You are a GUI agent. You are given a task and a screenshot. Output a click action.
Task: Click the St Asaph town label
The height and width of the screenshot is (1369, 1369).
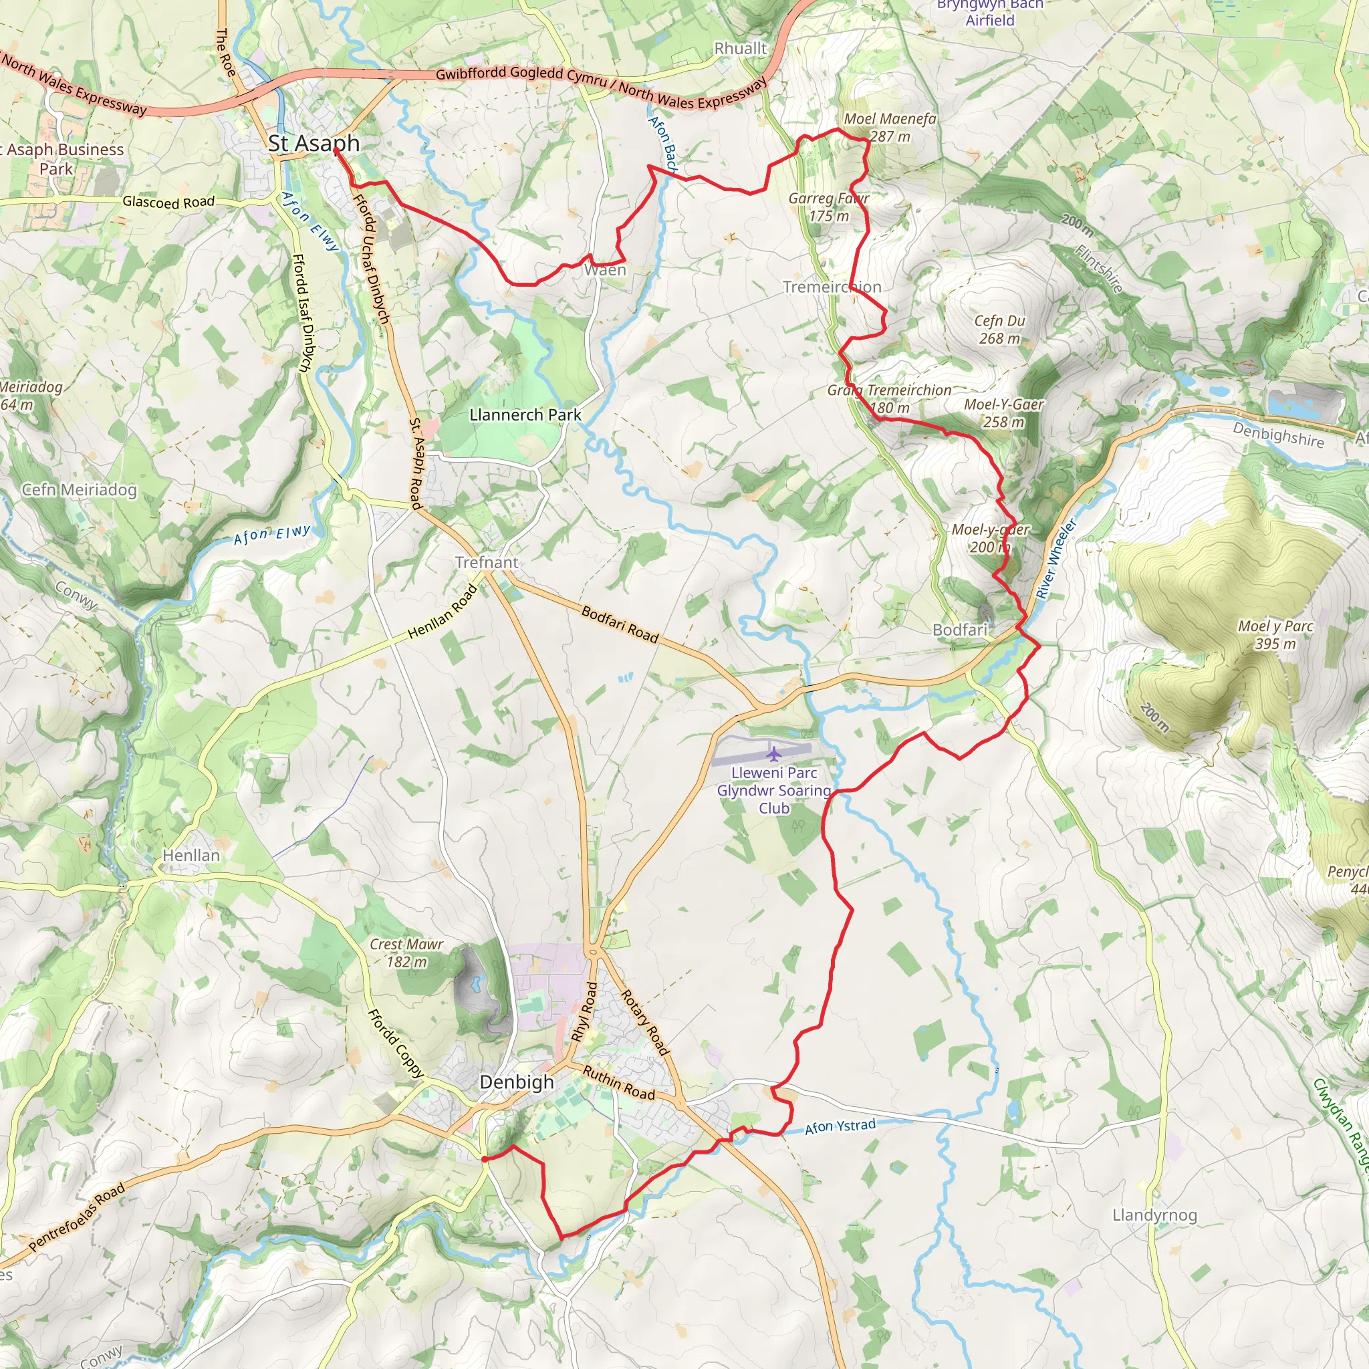pos(314,143)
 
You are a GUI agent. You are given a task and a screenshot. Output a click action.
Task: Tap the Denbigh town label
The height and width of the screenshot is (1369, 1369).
pos(517,1082)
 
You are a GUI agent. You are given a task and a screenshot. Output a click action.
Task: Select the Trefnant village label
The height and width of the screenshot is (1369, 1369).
pos(486,562)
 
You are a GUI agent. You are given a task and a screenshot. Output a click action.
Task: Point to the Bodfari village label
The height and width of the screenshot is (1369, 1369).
pos(959,629)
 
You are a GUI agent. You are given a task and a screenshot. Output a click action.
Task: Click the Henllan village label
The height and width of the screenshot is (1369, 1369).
pos(191,855)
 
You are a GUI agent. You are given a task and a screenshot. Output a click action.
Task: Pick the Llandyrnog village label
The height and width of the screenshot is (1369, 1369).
pos(1154,1215)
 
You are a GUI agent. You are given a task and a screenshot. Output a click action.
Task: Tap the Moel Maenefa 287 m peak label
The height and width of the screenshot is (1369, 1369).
pos(890,128)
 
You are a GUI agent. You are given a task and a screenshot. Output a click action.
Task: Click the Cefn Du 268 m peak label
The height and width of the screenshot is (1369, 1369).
pos(999,330)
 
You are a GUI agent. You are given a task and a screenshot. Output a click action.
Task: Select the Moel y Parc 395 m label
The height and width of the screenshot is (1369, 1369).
pos(1275,634)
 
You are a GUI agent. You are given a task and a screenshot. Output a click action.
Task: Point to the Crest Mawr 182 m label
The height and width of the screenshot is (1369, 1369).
pos(406,953)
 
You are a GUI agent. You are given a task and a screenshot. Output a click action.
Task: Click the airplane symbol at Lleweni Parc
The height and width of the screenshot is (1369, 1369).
pos(773,753)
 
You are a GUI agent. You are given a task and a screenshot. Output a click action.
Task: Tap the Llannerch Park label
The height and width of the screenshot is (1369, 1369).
pos(525,414)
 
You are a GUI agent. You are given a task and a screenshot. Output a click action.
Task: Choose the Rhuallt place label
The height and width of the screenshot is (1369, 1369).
pos(740,48)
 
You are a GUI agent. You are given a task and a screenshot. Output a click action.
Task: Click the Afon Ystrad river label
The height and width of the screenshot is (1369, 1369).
pos(840,1126)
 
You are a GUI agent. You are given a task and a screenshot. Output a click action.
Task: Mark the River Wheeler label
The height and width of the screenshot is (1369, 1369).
pos(1055,559)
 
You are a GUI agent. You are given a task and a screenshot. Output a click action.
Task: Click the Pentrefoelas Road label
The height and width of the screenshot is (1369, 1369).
pos(78,1217)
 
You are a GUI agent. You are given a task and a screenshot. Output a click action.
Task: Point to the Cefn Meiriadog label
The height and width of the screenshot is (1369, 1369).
pos(80,489)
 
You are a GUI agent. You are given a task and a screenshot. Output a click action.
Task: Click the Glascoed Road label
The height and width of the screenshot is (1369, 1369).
pos(168,202)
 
